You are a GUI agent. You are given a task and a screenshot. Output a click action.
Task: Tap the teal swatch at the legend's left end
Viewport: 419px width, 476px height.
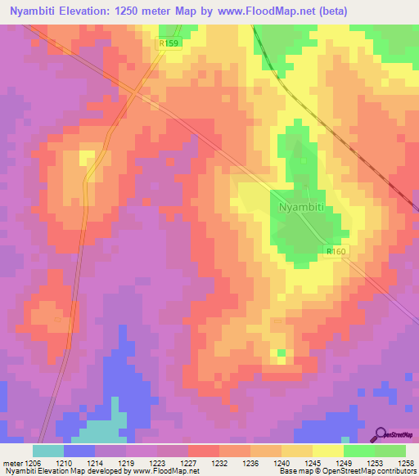pyautogui.click(x=48, y=450)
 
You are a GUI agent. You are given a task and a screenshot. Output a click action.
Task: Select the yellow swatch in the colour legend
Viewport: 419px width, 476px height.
pyautogui.click(x=328, y=450)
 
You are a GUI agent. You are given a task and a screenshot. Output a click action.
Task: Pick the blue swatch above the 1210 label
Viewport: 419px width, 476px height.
pyautogui.click(x=79, y=450)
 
